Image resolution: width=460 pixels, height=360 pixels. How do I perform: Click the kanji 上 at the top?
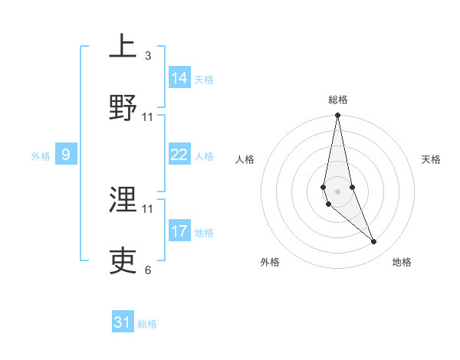pos(123,47)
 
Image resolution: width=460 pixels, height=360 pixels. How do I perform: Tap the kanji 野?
pos(123,107)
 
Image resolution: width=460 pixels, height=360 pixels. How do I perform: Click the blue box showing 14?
pos(179,78)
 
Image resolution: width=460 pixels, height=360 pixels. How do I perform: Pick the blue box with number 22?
pos(179,155)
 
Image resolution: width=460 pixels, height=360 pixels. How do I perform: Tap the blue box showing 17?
pos(179,231)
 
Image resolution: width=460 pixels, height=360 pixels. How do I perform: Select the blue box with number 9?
pos(66,155)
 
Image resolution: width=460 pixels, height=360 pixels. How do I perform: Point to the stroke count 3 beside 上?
pos(148,55)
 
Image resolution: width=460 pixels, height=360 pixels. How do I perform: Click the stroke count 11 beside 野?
pos(148,116)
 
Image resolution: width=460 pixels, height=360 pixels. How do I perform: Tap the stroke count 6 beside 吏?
pos(148,270)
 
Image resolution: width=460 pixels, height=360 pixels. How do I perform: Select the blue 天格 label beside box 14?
pos(204,79)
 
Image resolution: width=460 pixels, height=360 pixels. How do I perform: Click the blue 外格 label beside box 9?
pos(41,156)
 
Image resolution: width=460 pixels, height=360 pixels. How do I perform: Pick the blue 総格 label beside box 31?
pos(147,324)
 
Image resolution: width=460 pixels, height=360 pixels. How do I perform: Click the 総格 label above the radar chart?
pos(337,100)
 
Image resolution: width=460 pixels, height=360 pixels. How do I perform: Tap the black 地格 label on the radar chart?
pos(402,262)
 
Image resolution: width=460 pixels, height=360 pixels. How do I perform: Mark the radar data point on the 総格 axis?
pos(337,116)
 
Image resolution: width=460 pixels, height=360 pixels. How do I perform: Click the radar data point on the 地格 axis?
pos(374,242)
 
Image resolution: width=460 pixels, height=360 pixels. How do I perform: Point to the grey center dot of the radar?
pos(337,190)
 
